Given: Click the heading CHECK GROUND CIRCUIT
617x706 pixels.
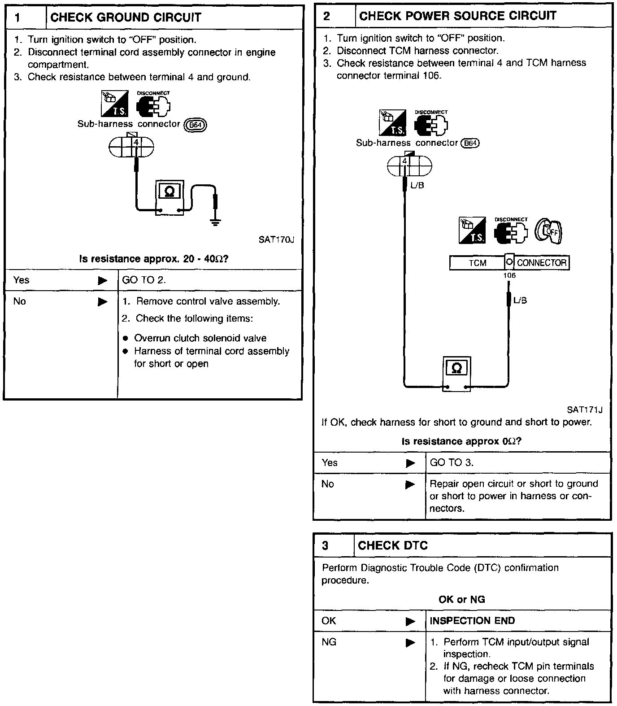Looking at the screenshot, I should (126, 18).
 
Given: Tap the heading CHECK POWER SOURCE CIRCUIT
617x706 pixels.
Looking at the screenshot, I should (457, 16).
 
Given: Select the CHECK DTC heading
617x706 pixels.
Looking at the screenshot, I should (393, 545).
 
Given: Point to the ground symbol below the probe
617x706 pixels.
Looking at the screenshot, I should (216, 222).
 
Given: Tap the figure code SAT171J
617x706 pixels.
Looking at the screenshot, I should (584, 410).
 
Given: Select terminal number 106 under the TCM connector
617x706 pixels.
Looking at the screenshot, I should (509, 275).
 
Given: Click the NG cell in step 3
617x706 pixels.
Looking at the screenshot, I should (329, 642).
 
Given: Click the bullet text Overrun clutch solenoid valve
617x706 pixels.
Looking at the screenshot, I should (200, 338).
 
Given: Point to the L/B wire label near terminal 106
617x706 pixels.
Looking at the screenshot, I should (520, 301).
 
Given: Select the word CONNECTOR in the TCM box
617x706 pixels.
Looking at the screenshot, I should (542, 263).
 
